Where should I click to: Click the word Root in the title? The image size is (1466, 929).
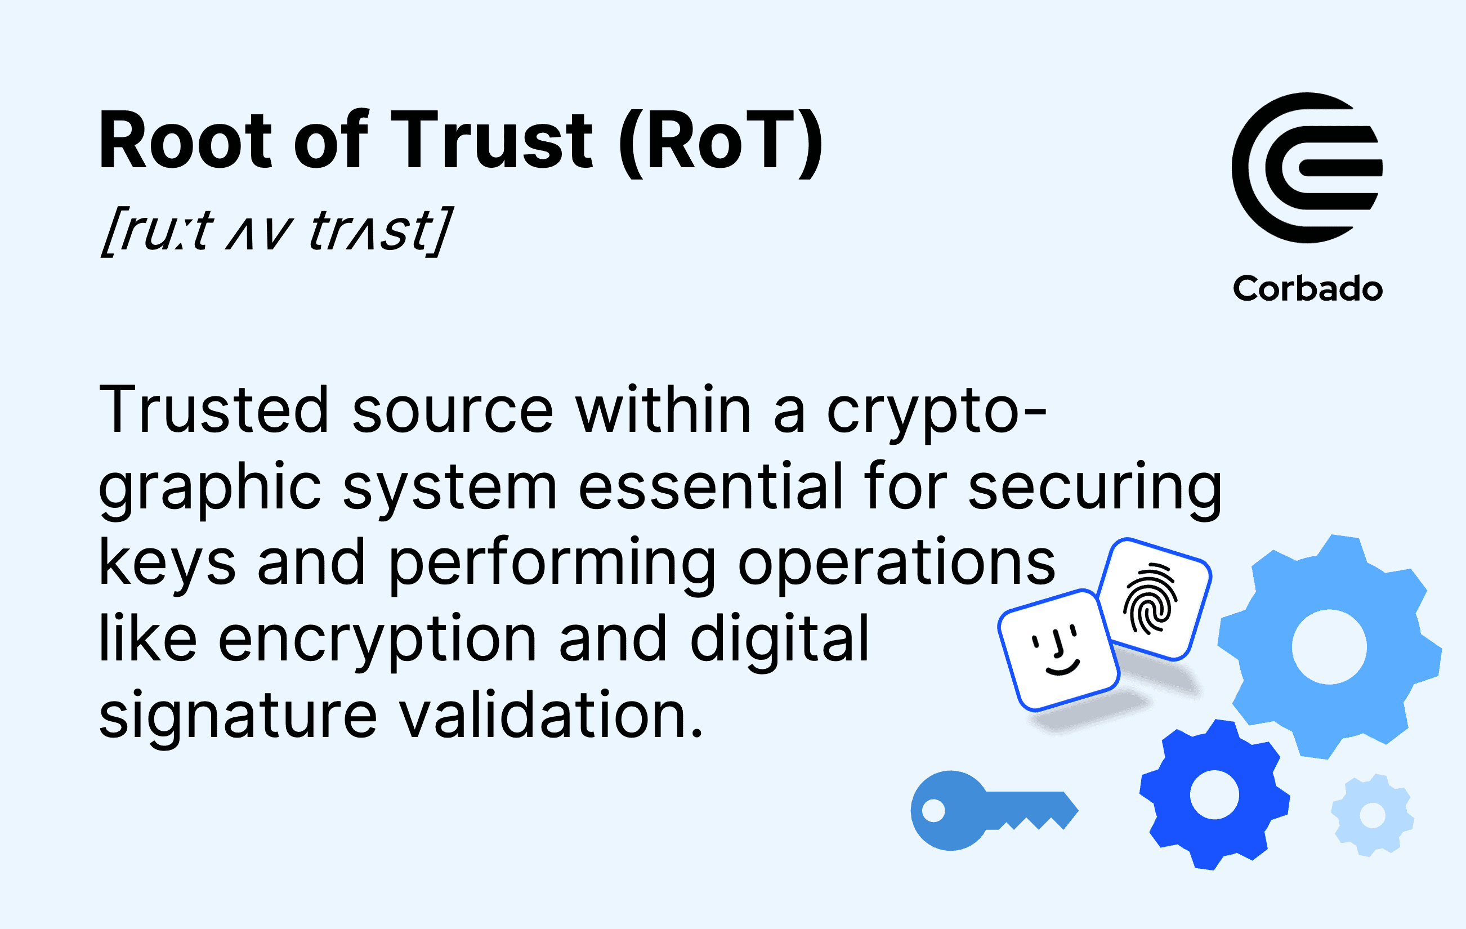(185, 140)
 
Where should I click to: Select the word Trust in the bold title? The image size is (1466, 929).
(491, 140)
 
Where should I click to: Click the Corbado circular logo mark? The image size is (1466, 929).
(1307, 168)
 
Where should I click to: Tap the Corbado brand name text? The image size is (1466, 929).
(1308, 288)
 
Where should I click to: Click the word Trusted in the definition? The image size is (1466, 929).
(214, 409)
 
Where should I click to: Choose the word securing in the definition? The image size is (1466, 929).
(1094, 490)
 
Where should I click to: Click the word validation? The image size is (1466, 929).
(551, 713)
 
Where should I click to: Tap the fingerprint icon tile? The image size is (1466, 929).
(1154, 599)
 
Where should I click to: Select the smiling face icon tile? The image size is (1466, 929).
(1060, 651)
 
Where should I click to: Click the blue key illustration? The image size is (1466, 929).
(994, 810)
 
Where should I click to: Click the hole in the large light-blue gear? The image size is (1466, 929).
(1329, 647)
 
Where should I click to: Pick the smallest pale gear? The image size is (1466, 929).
(1372, 816)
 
